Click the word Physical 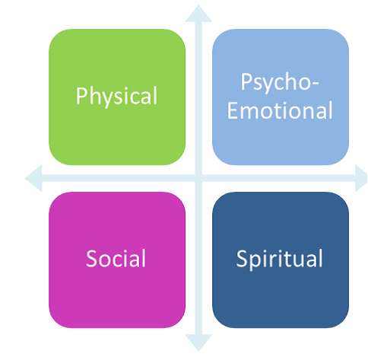[x=116, y=96]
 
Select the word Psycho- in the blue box [x=280, y=82]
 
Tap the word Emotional [x=280, y=110]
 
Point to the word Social [x=116, y=258]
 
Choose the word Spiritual [x=279, y=259]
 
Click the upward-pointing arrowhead [x=198, y=14]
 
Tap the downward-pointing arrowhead [x=198, y=342]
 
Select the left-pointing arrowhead [x=33, y=178]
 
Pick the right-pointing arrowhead [x=361, y=178]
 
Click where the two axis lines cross [x=198, y=178]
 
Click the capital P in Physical [x=81, y=96]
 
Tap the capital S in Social [x=91, y=258]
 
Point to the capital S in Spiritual [x=242, y=258]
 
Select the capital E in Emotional [x=232, y=110]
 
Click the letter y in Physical [x=104, y=99]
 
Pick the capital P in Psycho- [x=245, y=81]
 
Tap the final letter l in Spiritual [x=322, y=258]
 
